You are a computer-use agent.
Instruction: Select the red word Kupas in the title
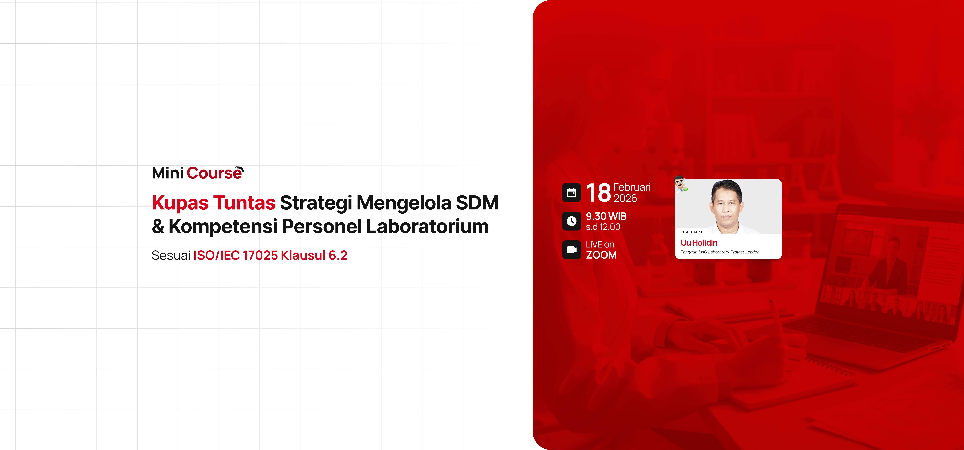coord(180,203)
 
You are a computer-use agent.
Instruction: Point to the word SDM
coord(477,203)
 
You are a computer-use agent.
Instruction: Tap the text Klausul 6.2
coord(314,255)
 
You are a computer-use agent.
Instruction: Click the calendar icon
coord(571,192)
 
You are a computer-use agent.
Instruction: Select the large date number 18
coord(598,193)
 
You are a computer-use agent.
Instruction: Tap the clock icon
coord(571,221)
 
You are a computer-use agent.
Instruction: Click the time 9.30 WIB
coord(606,216)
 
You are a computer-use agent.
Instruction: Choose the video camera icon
coord(571,250)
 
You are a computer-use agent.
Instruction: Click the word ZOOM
coord(601,255)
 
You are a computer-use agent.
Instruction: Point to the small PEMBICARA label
coord(692,232)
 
